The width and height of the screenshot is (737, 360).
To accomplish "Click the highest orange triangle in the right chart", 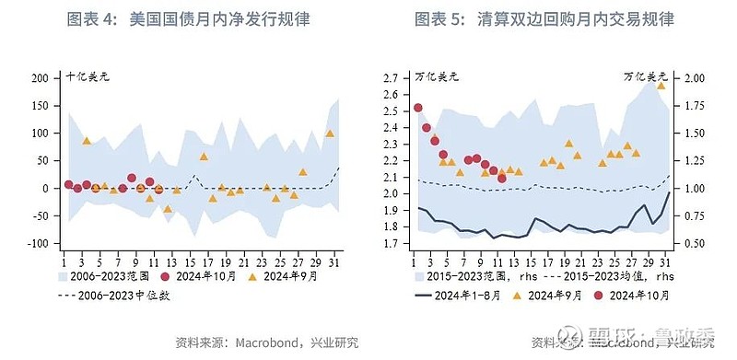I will pos(661,85).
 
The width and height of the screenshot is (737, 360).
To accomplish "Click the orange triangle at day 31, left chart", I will pos(330,133).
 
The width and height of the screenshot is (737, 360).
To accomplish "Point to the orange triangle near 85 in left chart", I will pos(87,141).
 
